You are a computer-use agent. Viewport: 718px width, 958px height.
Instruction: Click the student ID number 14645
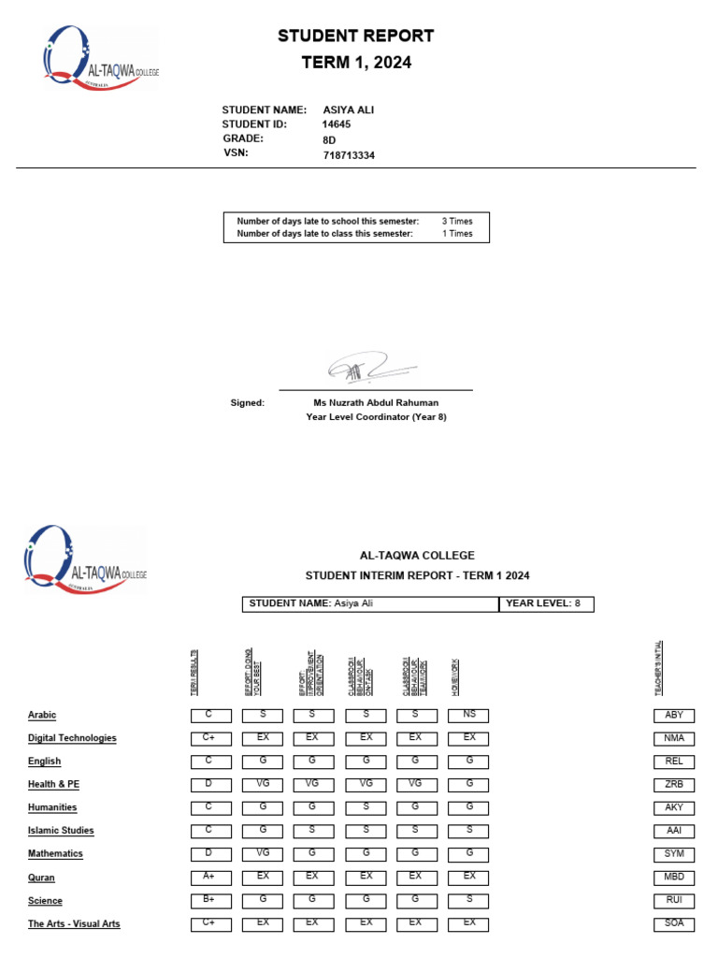click(x=337, y=124)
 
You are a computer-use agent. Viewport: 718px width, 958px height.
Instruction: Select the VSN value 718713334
click(x=349, y=155)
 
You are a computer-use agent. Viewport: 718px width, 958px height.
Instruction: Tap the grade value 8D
click(x=329, y=140)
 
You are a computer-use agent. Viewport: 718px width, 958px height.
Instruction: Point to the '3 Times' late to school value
click(x=457, y=222)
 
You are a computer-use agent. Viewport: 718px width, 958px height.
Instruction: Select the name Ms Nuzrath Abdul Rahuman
click(x=376, y=403)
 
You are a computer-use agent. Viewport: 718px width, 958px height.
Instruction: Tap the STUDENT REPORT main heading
click(x=355, y=36)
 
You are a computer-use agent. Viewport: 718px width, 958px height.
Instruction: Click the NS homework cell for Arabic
click(x=468, y=715)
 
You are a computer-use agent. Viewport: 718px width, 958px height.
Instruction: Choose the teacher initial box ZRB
click(x=673, y=784)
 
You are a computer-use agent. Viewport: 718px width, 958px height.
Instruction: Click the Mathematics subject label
click(x=55, y=854)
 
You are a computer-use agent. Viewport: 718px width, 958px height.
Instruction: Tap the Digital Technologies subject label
click(x=72, y=738)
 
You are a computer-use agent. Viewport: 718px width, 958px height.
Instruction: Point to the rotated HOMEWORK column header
click(x=455, y=675)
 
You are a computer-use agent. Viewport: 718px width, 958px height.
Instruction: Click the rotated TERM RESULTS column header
click(x=194, y=672)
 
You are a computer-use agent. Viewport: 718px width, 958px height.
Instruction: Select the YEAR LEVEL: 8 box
click(x=546, y=604)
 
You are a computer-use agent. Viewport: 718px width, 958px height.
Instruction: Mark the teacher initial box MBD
click(x=673, y=877)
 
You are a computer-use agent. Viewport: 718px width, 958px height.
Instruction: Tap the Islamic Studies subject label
click(x=61, y=831)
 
